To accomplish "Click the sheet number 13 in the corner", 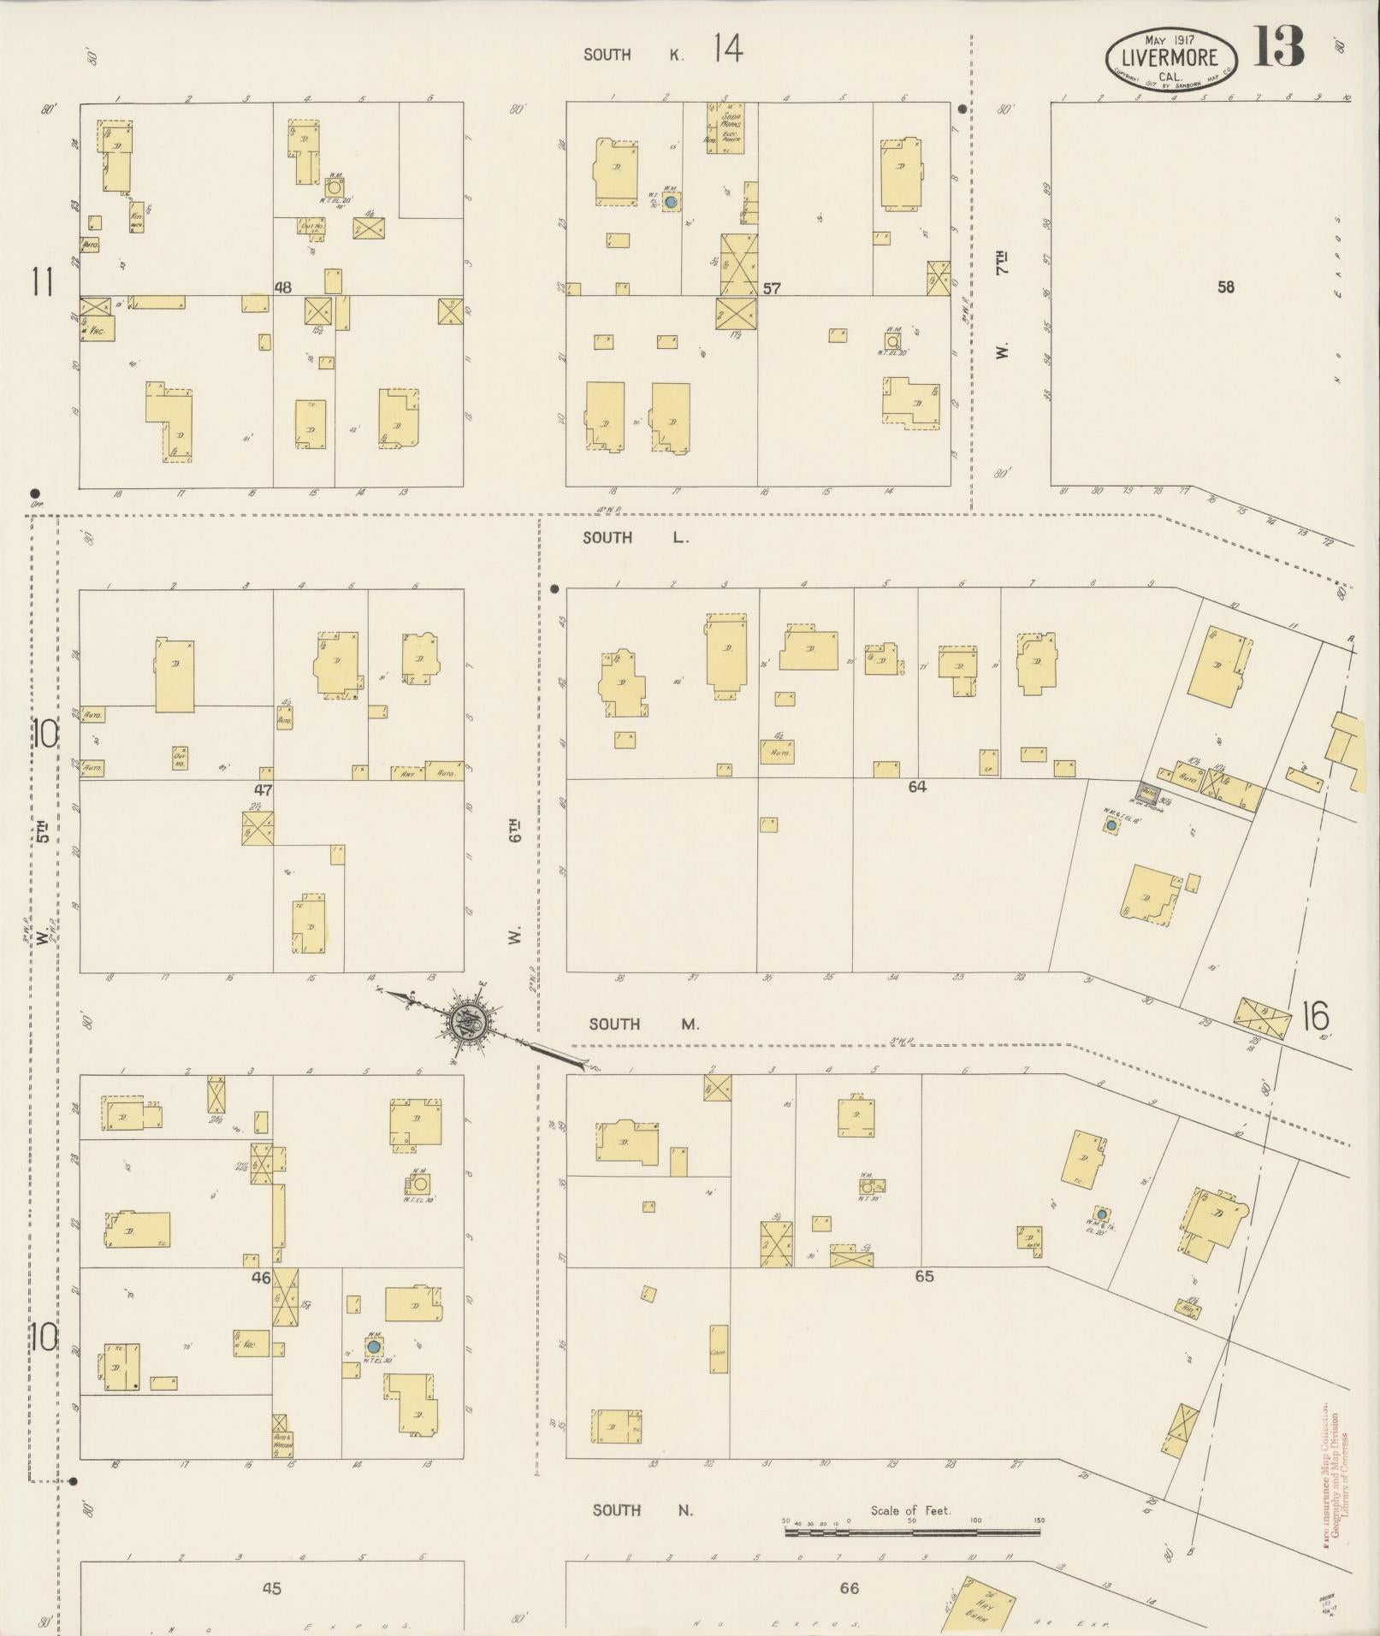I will (x=1279, y=47).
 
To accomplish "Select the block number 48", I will (x=282, y=287).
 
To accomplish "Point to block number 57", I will (x=772, y=288).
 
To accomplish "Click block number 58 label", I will (x=1225, y=287).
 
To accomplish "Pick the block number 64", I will (x=917, y=786).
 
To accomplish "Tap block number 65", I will (x=924, y=1276).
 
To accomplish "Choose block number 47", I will (x=263, y=789).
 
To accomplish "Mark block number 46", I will (x=261, y=1278).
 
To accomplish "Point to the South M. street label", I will (x=643, y=1024).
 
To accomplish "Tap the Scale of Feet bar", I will (x=912, y=1532).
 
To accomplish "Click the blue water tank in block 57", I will (x=672, y=202).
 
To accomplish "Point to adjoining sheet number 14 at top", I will (x=726, y=50).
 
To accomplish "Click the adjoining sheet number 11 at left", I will (x=43, y=281).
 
